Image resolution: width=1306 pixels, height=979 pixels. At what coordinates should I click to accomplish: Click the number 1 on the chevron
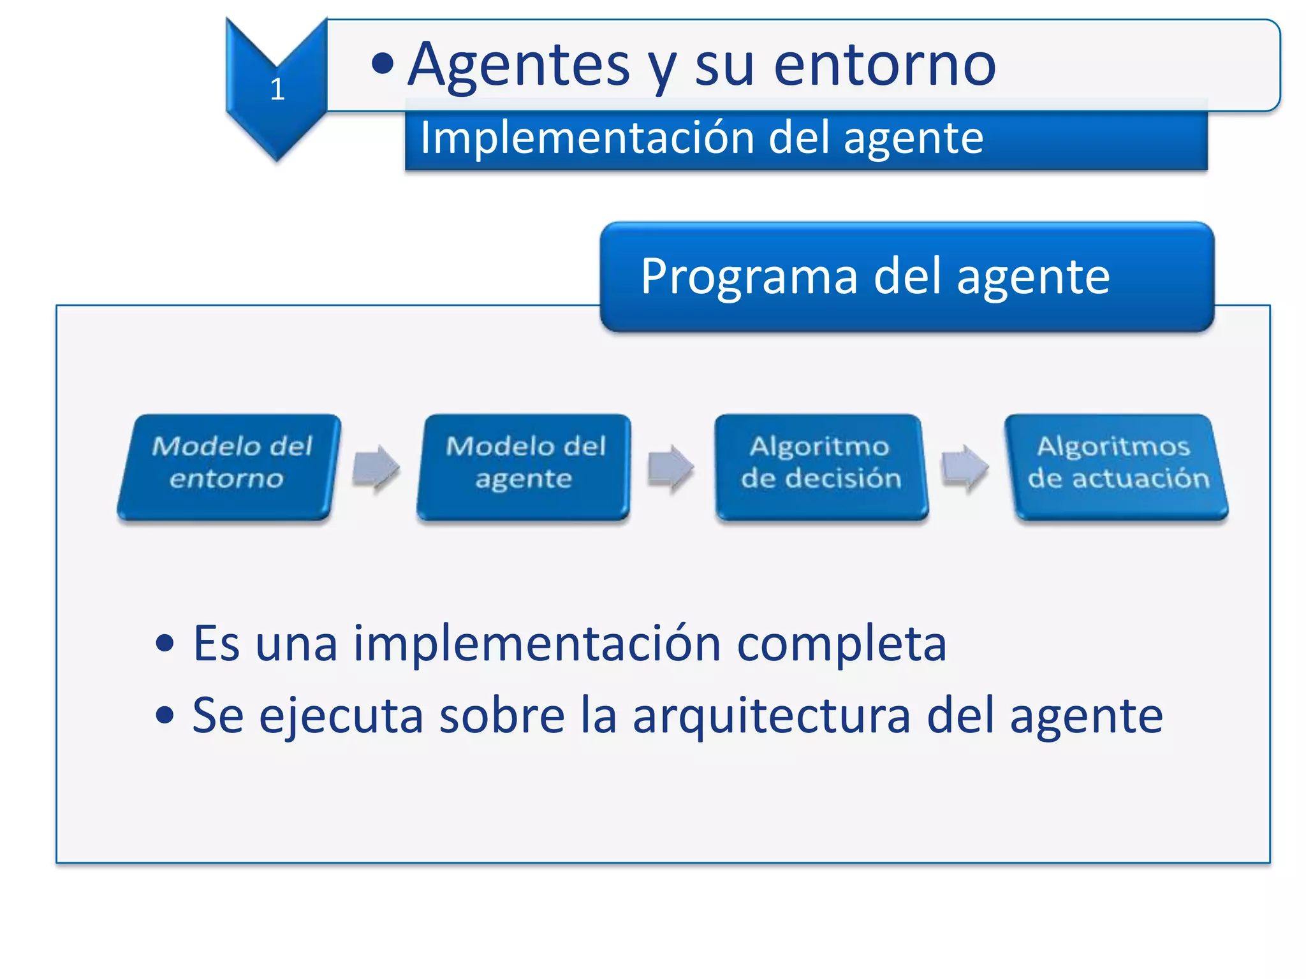tap(277, 89)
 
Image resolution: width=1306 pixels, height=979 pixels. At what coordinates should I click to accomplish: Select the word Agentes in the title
tap(518, 65)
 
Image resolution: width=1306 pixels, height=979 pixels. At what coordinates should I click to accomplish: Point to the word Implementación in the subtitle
tap(587, 138)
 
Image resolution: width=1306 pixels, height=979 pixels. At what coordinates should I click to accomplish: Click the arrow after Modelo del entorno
tap(376, 468)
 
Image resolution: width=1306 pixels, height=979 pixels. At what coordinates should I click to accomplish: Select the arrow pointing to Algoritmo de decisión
tap(671, 468)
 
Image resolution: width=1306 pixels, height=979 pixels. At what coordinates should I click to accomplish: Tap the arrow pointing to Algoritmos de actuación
tap(965, 468)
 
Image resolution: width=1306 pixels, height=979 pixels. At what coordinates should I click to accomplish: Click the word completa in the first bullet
tap(841, 644)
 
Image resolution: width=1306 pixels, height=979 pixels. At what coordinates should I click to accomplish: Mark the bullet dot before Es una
tap(165, 643)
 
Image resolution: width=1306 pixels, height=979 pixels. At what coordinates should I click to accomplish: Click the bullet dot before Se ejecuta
tap(165, 715)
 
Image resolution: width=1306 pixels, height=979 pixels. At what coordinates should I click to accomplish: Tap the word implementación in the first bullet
tap(537, 644)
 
